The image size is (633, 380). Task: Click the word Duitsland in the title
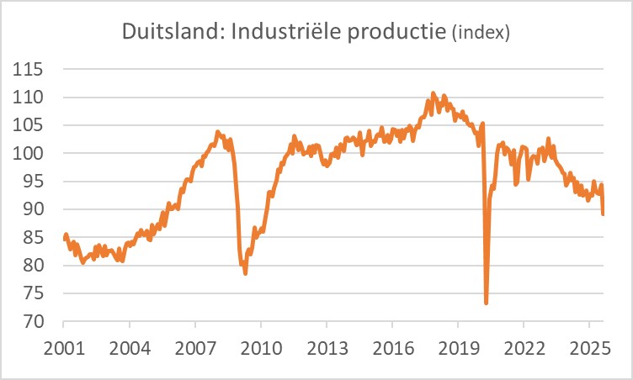coord(166,33)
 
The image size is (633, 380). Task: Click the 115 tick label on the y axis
coord(29,70)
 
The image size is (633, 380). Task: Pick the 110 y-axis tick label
coord(29,98)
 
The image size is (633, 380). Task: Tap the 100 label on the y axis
coord(29,154)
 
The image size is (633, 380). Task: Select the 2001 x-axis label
coord(63,348)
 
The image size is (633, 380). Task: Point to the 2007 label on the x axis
coord(195,348)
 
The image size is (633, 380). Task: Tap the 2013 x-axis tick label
coord(327,348)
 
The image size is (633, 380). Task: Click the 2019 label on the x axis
coord(458,348)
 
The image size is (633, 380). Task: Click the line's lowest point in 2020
coord(487,303)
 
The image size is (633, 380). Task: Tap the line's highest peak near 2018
coord(434,93)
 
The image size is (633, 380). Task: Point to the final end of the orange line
coord(604,214)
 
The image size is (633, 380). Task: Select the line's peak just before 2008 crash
coord(218,132)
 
